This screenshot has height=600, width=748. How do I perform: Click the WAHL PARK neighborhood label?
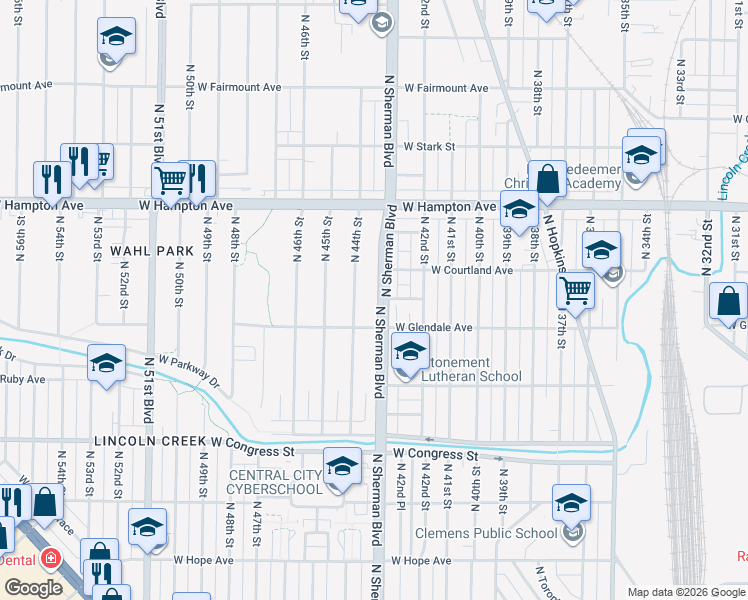(x=151, y=249)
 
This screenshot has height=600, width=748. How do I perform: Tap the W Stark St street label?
(x=429, y=147)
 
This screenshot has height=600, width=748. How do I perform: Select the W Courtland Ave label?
(x=472, y=270)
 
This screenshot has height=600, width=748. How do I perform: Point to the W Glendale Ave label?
(x=433, y=327)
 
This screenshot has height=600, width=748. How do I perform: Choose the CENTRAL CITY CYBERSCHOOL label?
(x=276, y=481)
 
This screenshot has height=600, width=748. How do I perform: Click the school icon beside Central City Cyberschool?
(x=342, y=466)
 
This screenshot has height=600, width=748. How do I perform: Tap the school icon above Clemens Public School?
(x=571, y=502)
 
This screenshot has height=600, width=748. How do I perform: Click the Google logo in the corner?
(x=33, y=587)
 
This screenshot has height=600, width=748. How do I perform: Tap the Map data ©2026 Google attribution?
(x=685, y=592)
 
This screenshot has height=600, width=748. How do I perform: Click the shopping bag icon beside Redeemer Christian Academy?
(x=547, y=180)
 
